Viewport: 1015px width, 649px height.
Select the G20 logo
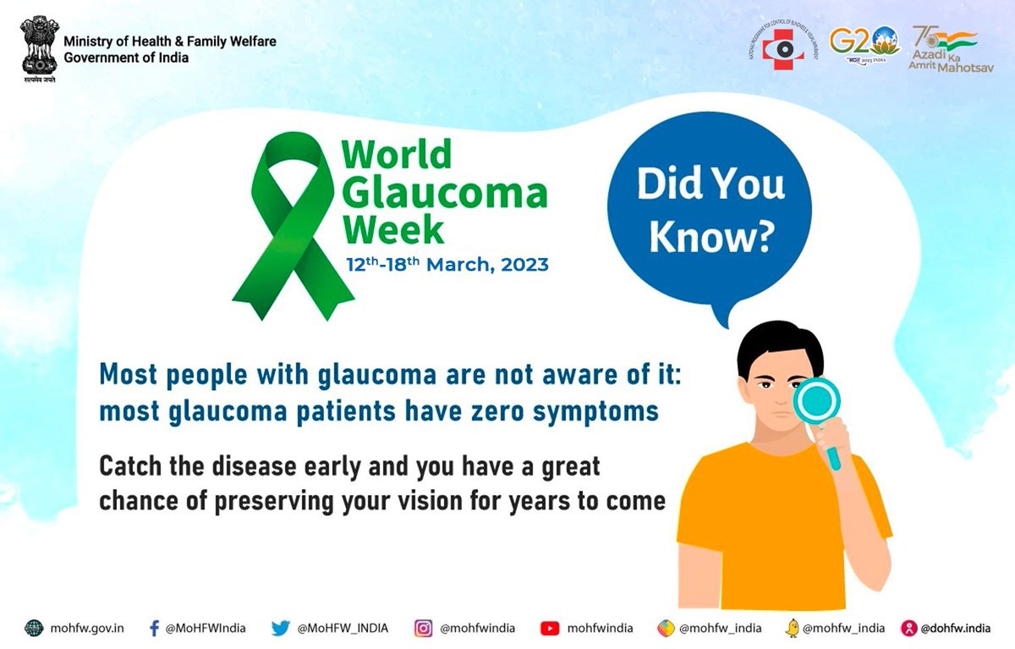[864, 43]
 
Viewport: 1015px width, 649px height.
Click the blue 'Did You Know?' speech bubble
[711, 212]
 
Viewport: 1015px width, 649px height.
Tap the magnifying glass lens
[816, 399]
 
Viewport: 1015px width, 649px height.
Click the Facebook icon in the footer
[154, 628]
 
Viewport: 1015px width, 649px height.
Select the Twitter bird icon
[281, 628]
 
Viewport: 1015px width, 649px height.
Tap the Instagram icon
[423, 628]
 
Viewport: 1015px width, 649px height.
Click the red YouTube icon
[550, 628]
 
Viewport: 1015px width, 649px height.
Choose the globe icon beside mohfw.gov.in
[33, 628]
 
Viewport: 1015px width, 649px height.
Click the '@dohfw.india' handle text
[955, 628]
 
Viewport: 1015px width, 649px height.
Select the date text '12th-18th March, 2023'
[447, 264]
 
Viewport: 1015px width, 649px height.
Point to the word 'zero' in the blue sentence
[539, 412]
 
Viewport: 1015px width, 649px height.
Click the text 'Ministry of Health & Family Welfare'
[170, 41]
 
